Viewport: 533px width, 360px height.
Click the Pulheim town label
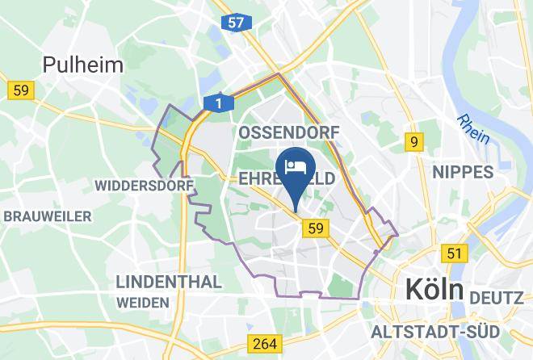[83, 65]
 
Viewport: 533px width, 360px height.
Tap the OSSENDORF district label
[288, 132]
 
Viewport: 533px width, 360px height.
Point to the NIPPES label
[462, 171]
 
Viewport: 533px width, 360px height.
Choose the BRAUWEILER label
[48, 216]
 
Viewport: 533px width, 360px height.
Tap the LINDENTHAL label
[169, 282]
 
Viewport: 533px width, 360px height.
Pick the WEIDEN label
[142, 302]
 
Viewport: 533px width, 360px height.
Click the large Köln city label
[434, 289]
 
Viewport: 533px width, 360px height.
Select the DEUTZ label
[496, 298]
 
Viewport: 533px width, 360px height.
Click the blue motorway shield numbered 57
[234, 23]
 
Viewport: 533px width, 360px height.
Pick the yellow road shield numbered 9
[414, 143]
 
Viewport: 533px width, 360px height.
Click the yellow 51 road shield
[455, 253]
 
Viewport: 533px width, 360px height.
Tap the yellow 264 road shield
[265, 343]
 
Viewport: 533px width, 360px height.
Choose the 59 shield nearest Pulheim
[19, 90]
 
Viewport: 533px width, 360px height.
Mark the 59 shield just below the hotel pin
[315, 229]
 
